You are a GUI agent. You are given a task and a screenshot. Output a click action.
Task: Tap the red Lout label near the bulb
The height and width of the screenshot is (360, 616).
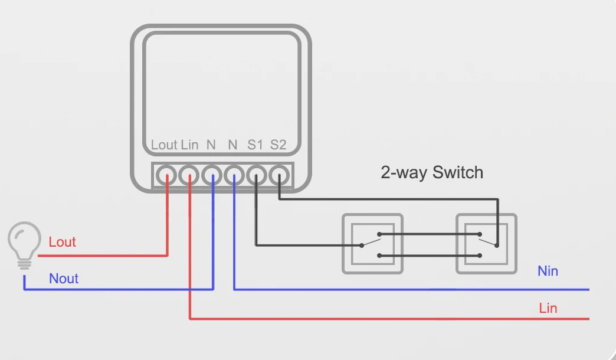point(62,242)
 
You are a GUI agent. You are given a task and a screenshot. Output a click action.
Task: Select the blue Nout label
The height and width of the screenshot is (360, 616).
point(64,278)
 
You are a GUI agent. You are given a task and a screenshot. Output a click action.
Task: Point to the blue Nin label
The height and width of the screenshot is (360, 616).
point(548,271)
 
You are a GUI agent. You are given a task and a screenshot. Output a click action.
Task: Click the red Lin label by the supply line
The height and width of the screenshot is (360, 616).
point(548,307)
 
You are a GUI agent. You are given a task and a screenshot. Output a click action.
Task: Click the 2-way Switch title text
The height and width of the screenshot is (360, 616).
point(432,172)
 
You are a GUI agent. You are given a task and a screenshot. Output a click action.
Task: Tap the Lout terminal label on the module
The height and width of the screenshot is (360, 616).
point(164,145)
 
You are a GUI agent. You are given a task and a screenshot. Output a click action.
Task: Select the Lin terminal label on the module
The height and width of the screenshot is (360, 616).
point(189,145)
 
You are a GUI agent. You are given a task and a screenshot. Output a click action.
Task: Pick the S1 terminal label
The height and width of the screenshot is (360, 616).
point(255,145)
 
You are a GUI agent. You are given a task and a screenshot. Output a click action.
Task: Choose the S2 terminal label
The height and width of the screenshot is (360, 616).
point(278,145)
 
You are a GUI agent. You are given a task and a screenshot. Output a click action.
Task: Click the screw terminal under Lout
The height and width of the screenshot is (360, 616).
point(166,175)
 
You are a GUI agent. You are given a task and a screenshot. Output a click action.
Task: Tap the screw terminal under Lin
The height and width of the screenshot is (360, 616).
point(189,175)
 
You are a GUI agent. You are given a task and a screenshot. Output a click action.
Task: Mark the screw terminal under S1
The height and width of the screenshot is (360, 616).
point(257,175)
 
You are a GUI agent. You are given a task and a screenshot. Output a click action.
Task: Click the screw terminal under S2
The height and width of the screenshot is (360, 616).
point(279,175)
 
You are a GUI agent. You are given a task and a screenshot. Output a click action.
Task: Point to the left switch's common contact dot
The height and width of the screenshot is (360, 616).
point(362,246)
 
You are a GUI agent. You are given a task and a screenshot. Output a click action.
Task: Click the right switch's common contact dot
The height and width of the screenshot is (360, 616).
point(497,246)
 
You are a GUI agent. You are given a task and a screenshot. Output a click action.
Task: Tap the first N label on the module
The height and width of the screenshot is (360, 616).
point(211,145)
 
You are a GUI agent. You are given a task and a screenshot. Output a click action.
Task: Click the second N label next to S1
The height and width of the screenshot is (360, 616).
point(232,145)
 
